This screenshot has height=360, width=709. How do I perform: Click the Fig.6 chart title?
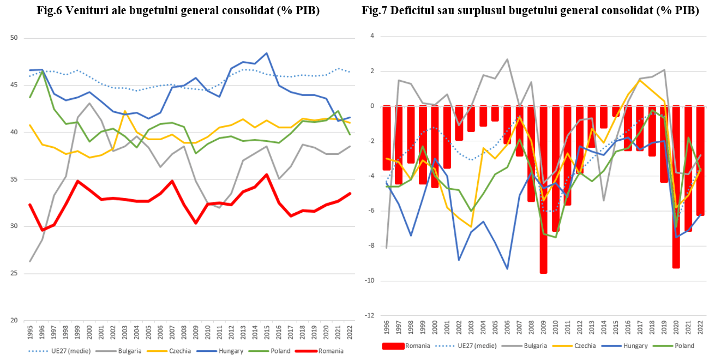point(177,10)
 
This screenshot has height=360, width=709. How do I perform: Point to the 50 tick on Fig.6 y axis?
point(14,38)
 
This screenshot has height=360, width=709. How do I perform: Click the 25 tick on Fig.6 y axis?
point(14,273)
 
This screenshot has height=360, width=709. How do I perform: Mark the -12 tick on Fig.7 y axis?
point(369,316)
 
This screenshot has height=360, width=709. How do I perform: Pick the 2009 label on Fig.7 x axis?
point(544,327)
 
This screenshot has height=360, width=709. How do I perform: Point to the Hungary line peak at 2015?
point(266,53)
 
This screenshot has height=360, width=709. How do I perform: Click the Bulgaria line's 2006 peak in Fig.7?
point(507,59)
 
